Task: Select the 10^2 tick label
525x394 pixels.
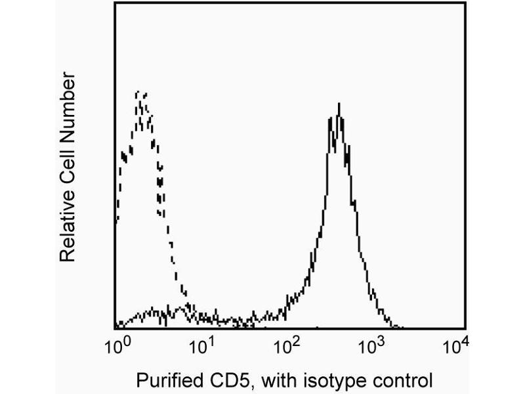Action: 286,345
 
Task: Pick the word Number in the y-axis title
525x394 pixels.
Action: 68,106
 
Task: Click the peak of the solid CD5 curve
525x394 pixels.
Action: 339,103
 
